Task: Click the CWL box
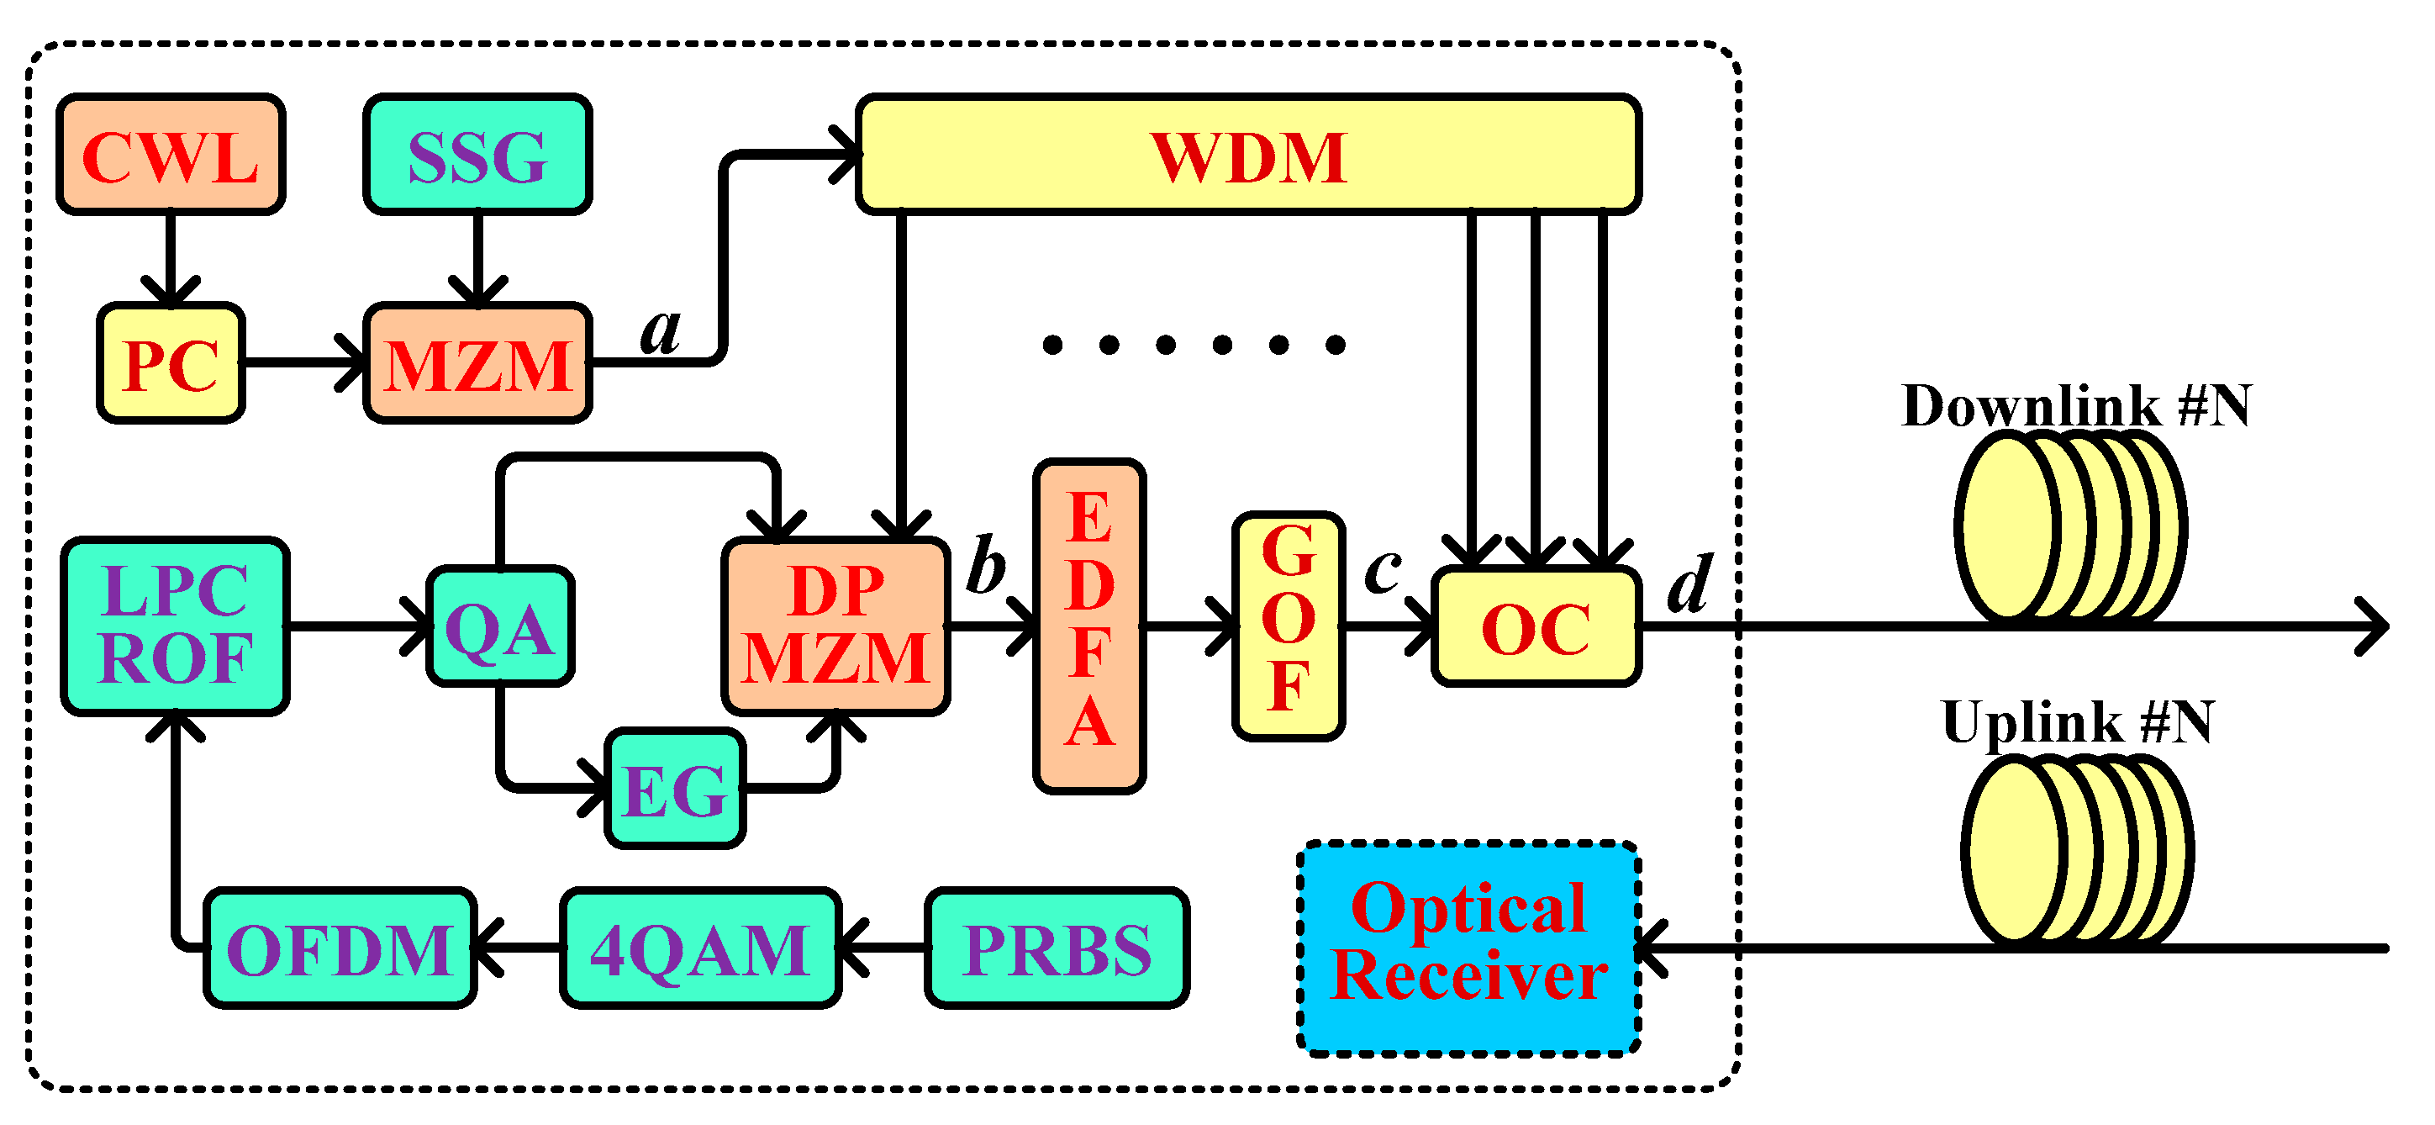170,155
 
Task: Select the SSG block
477,155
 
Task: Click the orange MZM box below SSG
477,364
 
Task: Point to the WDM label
1247,156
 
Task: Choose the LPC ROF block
176,625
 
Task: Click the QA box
500,626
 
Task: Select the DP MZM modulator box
835,625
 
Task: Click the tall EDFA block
1089,626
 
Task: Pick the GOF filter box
1289,626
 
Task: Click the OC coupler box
1536,626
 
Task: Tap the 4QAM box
700,948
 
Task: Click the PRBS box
1057,948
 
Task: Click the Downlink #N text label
2076,405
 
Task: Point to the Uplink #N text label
2077,722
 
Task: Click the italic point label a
660,331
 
